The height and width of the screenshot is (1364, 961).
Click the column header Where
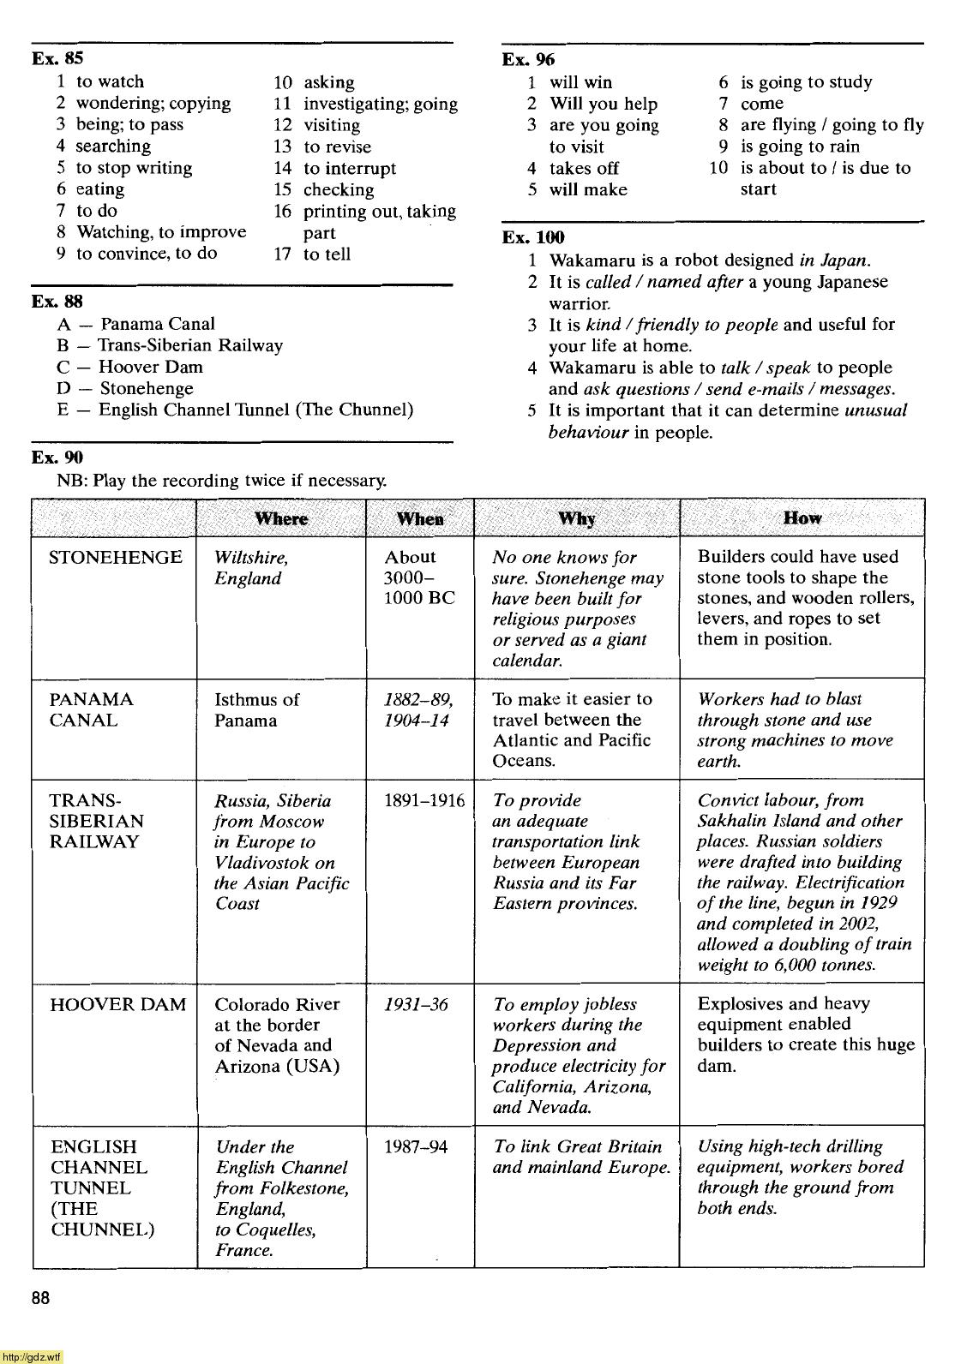point(281,518)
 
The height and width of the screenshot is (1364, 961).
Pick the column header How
point(802,517)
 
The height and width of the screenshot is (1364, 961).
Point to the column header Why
point(576,518)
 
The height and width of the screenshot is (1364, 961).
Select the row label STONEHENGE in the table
point(116,558)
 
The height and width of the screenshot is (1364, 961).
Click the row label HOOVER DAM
point(118,1004)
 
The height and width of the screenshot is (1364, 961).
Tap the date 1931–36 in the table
point(416,1004)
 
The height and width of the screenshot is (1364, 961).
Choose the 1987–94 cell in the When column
point(416,1146)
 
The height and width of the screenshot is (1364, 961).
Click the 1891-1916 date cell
point(424,800)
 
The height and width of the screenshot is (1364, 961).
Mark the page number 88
point(41,1298)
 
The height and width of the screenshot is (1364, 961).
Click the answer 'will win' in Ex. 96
point(580,82)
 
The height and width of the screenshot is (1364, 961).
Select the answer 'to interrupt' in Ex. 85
point(350,169)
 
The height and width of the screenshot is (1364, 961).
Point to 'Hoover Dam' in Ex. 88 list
point(151,367)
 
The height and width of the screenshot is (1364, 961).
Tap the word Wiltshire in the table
point(250,558)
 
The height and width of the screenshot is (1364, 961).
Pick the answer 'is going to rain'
point(800,147)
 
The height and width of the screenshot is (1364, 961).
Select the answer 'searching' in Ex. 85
point(113,147)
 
